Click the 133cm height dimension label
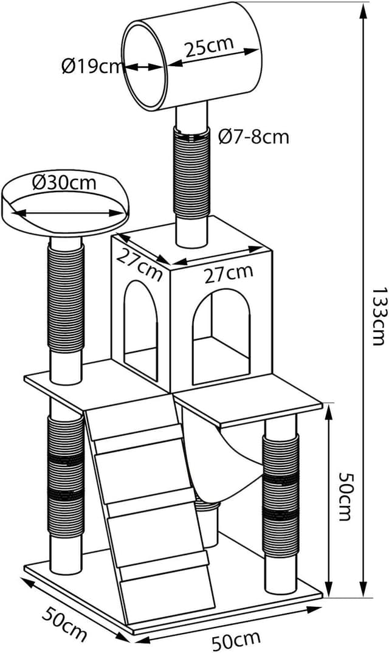377,316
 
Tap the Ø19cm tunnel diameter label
91,66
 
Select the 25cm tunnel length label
209,47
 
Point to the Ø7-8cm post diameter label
253,137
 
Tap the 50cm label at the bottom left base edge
64,621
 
